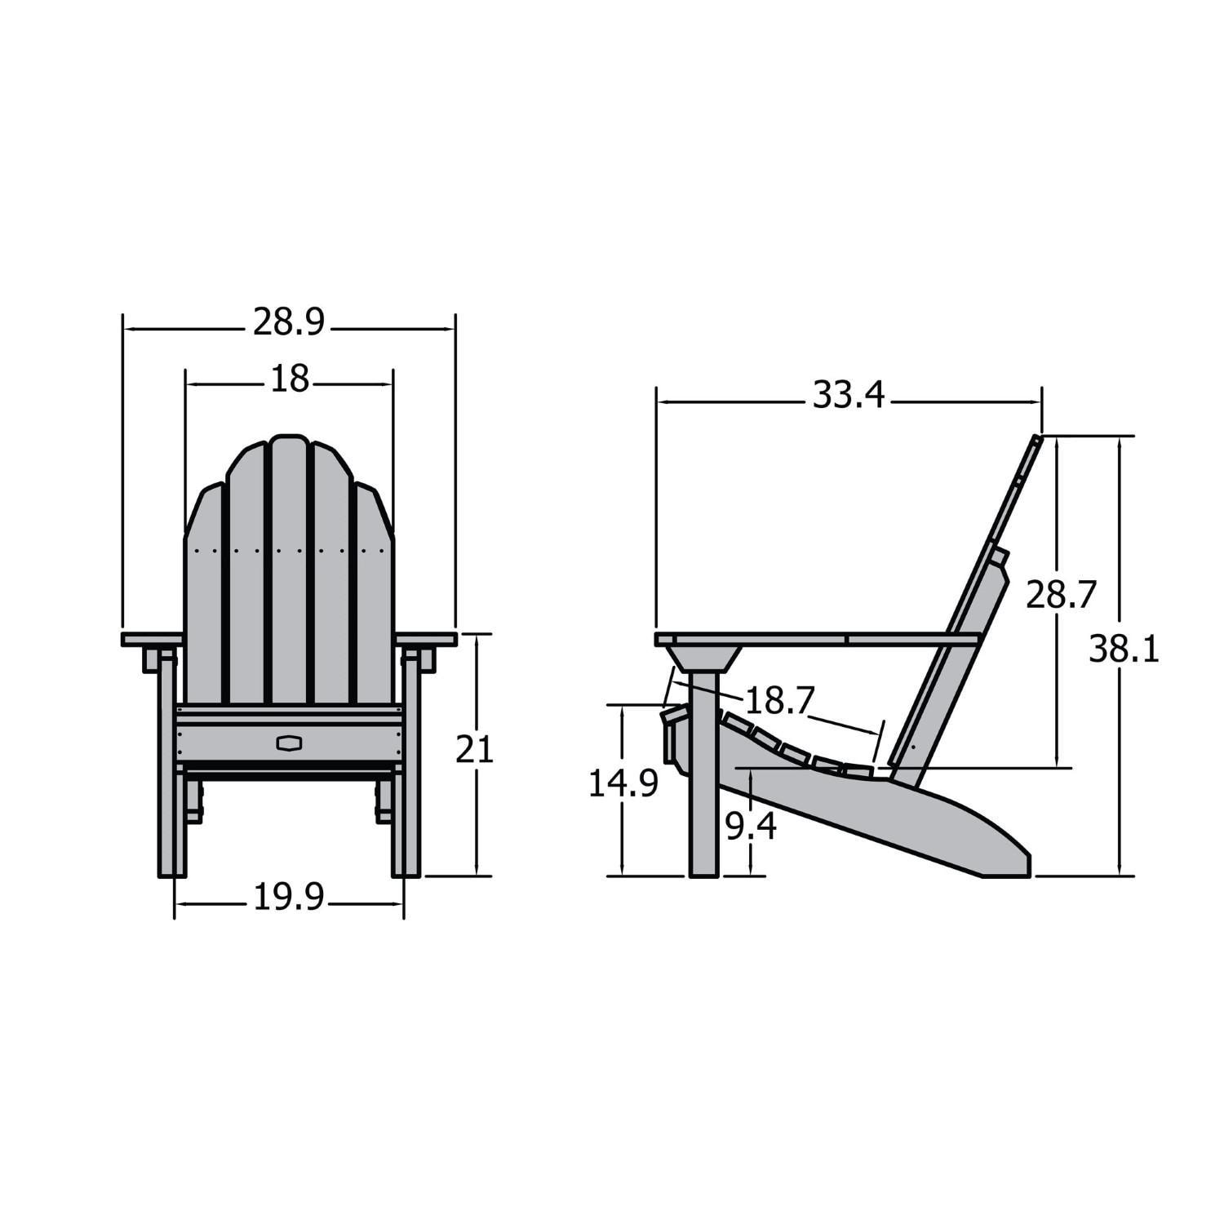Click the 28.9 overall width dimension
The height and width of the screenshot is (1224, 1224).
[288, 323]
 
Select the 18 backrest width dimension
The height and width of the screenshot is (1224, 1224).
[290, 379]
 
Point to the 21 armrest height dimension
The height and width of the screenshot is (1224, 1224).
[474, 749]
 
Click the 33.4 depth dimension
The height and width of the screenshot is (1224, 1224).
[848, 396]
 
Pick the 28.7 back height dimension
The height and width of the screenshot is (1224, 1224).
[1061, 595]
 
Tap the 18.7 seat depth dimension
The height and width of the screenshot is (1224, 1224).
[780, 700]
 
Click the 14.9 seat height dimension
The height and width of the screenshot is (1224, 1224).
[623, 784]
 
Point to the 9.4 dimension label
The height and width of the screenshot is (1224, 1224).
[751, 827]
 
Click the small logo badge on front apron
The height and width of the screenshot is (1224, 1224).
[289, 743]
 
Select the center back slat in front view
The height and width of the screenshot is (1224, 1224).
[289, 571]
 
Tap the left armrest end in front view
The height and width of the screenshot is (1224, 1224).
[151, 639]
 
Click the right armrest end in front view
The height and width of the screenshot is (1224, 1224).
[427, 639]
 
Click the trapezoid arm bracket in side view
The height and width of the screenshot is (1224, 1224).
[703, 658]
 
